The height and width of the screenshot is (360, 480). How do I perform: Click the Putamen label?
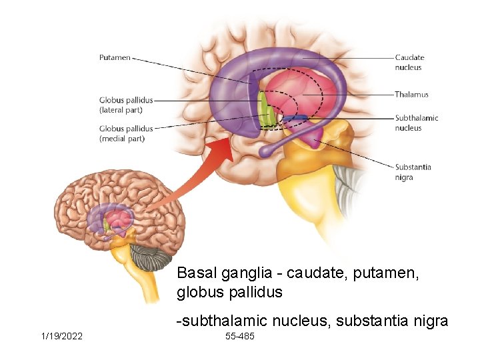(115, 57)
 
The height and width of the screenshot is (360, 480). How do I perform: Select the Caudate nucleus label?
(409, 62)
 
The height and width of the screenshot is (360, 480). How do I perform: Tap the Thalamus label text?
(411, 95)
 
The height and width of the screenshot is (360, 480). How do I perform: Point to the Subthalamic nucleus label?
(416, 123)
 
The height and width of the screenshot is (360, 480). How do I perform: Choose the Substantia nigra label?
(413, 172)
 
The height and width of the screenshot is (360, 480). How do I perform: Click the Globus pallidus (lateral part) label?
(126, 105)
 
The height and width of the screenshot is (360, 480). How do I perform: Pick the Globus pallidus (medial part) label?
(126, 133)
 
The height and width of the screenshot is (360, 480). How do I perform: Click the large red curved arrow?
(200, 173)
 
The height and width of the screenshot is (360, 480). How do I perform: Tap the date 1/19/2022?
(61, 336)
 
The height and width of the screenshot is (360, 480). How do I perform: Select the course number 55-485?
(240, 336)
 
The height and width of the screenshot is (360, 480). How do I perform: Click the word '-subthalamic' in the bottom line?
(217, 321)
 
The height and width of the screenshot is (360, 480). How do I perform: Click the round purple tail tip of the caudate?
(265, 151)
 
